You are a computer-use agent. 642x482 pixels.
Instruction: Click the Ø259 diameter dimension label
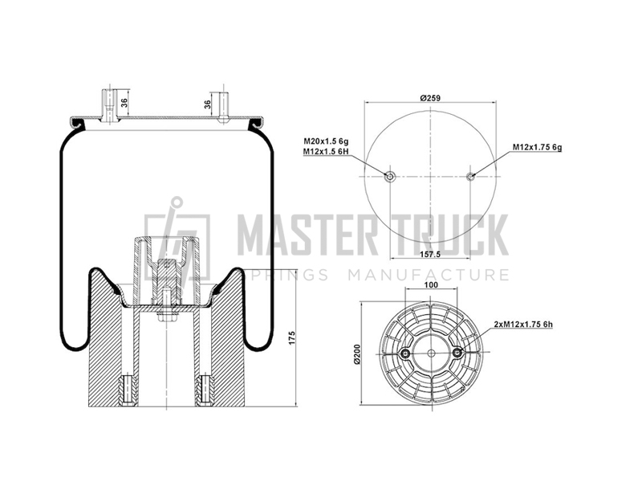tap(430, 98)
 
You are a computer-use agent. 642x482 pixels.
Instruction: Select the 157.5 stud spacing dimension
tap(430, 255)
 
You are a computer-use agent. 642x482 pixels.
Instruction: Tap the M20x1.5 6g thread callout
tap(326, 141)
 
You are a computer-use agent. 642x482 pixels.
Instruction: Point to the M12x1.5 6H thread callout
tap(326, 152)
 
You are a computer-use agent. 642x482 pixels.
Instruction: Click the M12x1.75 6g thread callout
tap(537, 147)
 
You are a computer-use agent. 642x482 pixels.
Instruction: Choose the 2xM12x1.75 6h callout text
tap(524, 325)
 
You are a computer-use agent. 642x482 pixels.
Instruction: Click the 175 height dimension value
tap(292, 337)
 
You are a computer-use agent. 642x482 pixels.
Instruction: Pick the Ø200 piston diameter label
tap(356, 353)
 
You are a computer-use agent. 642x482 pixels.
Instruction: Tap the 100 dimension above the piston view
tap(431, 285)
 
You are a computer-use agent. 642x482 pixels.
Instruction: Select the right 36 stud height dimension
tap(208, 104)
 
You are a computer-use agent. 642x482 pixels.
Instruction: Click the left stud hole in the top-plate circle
tap(390, 177)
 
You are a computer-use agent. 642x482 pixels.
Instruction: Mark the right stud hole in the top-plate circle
tap(470, 177)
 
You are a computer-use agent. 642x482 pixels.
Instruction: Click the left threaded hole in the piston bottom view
tap(406, 353)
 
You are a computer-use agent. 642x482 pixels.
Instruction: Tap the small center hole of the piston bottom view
tap(431, 353)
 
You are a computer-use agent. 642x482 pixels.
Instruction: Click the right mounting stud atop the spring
tap(223, 108)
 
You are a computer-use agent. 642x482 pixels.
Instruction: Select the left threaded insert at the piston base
tap(127, 390)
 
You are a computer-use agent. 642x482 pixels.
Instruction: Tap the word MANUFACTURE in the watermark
tap(429, 275)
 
